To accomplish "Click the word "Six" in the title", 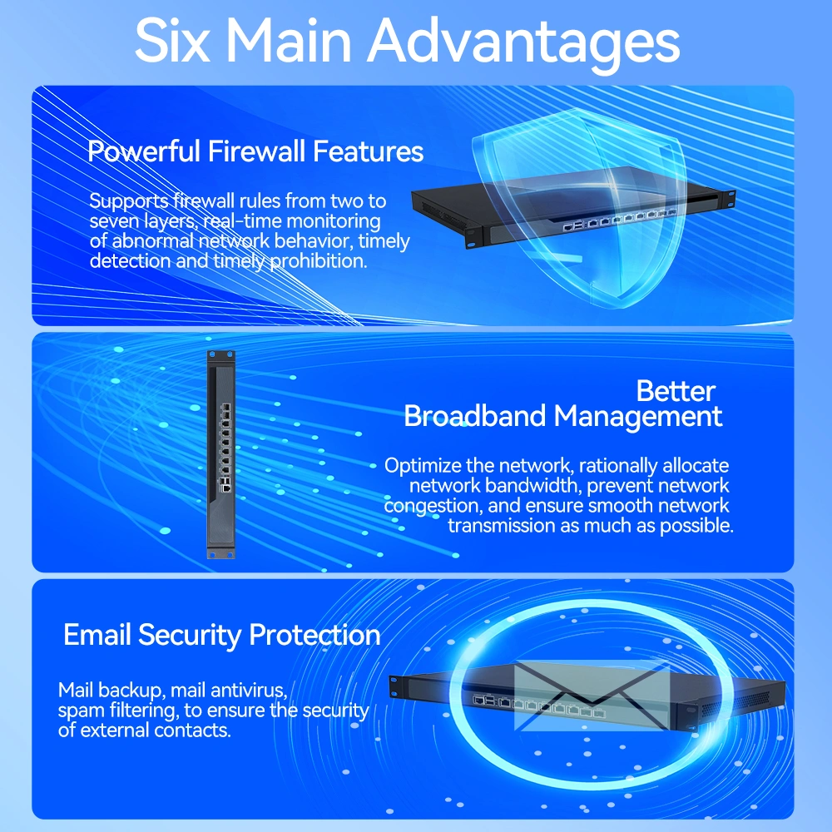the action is (x=172, y=40).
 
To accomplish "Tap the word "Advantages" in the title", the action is (x=524, y=43).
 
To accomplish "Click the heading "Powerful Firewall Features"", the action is (x=255, y=151).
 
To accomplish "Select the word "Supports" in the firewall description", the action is (x=128, y=201).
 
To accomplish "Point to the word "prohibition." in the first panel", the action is (x=319, y=261).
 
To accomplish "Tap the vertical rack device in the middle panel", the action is (x=220, y=454).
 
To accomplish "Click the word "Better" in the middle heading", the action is (x=676, y=392).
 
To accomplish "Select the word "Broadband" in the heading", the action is (x=474, y=416).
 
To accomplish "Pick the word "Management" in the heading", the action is (x=637, y=417).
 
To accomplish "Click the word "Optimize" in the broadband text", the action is (x=423, y=467).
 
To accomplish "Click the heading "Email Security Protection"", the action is (x=222, y=636).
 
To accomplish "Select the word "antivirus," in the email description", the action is (x=249, y=691).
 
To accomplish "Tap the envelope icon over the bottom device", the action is (x=592, y=695).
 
